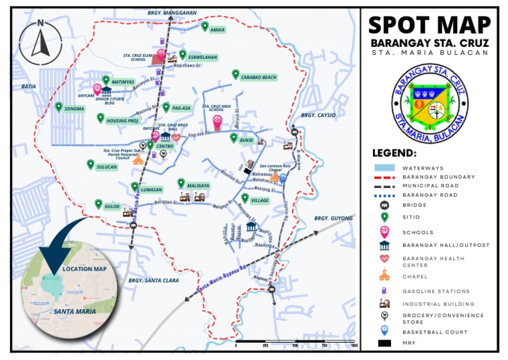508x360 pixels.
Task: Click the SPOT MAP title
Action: pos(430,25)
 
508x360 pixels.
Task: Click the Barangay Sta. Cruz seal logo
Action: pos(430,99)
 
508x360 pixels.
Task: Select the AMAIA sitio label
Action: pos(217,30)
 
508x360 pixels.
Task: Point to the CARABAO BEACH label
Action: pos(258,77)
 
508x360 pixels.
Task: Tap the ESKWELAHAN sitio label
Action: pos(202,58)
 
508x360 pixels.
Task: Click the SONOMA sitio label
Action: pos(75,109)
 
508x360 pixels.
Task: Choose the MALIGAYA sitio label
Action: pos(198,185)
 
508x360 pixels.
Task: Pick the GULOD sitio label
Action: pos(112,206)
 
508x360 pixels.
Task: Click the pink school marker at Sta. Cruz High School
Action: pos(217,122)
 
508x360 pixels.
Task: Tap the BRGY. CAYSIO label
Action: pos(318,115)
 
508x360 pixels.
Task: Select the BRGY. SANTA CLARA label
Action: pos(154,281)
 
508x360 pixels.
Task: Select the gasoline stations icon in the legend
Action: pos(383,291)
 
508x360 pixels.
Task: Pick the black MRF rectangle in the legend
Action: pos(383,343)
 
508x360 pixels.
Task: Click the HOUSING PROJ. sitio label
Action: pos(123,121)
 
